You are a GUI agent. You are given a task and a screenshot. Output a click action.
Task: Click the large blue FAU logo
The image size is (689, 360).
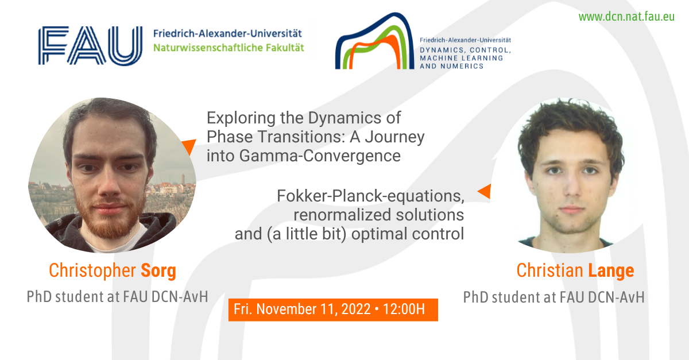point(90,45)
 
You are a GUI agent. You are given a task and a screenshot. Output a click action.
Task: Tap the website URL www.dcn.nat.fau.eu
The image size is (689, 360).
point(626,16)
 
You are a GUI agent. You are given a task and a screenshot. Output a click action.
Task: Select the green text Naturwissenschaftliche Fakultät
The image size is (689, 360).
point(229,48)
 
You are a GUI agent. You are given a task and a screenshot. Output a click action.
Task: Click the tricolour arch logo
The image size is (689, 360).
point(374,41)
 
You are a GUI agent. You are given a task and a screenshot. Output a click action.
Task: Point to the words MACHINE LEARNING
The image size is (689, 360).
point(462,58)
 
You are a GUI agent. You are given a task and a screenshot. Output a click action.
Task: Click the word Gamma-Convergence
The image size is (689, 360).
point(320,156)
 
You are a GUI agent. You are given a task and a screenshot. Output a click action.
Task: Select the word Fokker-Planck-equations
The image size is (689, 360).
point(371,196)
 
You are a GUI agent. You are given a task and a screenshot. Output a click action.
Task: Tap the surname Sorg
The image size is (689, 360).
point(158,271)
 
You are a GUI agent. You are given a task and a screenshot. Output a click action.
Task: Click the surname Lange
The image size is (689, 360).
point(611,270)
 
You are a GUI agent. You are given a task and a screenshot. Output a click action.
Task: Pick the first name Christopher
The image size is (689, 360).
point(92,271)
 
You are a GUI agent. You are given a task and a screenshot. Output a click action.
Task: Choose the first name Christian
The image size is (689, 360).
point(549,270)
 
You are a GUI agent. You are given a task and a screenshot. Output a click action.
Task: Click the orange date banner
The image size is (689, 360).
point(333,310)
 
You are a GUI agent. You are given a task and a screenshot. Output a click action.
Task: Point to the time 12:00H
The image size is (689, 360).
point(404,309)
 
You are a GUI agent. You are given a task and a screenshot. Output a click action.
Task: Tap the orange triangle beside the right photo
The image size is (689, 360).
point(485,191)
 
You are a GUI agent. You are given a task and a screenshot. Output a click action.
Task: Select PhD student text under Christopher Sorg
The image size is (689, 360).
point(118,297)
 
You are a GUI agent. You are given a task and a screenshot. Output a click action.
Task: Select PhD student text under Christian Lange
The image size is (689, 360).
point(553,297)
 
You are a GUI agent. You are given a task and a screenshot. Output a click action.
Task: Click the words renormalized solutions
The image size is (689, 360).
point(378,215)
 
